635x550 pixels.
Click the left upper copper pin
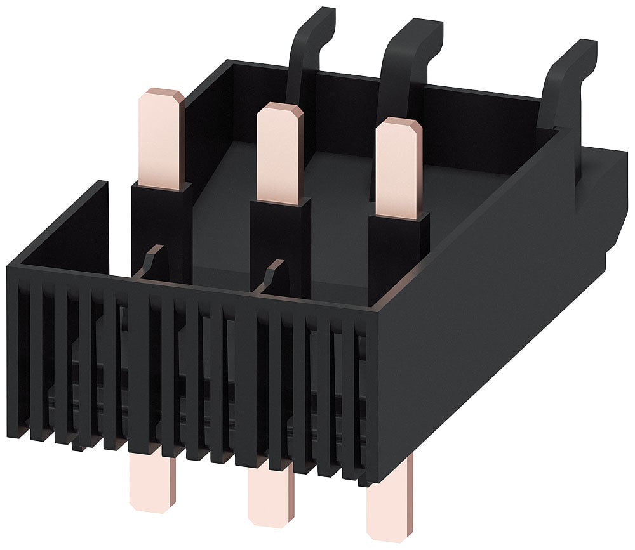click(159, 140)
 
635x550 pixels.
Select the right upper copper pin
click(398, 168)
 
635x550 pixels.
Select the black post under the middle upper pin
click(280, 241)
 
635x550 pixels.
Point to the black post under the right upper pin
click(398, 254)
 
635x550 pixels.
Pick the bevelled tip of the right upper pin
click(399, 126)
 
